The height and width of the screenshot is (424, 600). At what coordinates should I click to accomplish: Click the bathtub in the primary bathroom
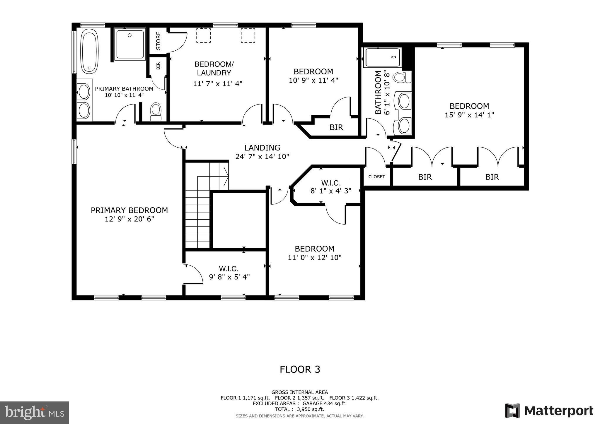click(x=89, y=51)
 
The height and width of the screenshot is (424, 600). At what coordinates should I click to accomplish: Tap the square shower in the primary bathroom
click(x=130, y=44)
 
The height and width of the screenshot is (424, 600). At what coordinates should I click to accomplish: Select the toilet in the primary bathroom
click(x=156, y=112)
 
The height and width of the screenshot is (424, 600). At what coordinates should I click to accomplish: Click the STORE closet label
click(x=158, y=41)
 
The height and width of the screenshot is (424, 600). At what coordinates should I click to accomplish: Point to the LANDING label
click(x=262, y=148)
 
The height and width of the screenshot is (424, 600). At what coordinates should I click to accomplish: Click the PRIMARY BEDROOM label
click(x=129, y=210)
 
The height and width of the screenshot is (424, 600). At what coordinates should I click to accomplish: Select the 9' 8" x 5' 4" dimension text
click(x=229, y=277)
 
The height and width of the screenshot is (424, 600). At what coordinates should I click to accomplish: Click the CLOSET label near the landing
click(x=376, y=177)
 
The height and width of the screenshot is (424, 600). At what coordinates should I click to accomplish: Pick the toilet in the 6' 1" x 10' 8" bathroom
click(x=402, y=78)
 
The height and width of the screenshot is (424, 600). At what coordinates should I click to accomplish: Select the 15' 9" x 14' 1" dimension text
click(x=469, y=115)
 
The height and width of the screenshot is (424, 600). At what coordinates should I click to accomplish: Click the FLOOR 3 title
click(x=300, y=370)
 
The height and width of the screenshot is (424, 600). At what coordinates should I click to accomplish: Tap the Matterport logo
click(x=549, y=411)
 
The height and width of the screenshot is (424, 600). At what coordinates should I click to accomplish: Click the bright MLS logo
click(x=35, y=413)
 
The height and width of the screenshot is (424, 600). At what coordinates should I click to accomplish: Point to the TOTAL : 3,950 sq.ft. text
click(x=299, y=409)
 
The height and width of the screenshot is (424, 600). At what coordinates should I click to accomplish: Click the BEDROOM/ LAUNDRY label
click(x=214, y=69)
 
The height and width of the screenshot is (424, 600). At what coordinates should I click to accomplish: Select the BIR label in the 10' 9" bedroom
click(x=336, y=127)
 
